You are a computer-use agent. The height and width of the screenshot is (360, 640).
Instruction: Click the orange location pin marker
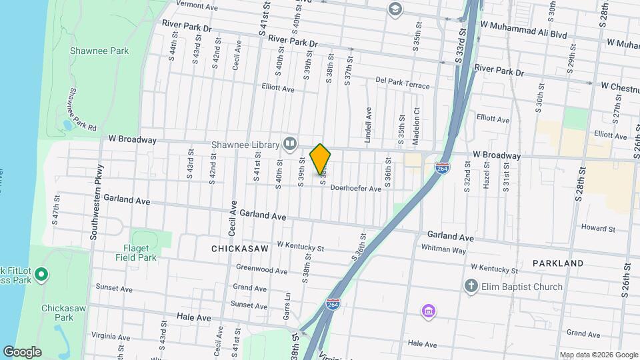321,159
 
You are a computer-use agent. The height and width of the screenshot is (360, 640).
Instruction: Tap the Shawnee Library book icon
290,143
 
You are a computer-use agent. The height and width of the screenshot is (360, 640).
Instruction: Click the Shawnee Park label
99,51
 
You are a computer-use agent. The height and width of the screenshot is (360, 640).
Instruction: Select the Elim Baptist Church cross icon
471,287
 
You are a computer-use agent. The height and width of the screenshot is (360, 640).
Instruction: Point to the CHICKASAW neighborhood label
239,249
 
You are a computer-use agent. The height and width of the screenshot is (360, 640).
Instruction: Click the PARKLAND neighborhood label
559,263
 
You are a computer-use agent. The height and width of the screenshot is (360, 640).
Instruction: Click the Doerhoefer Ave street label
355,189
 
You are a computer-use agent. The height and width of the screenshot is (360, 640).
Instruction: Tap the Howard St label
597,228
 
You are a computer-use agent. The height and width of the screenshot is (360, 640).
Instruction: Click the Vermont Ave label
197,7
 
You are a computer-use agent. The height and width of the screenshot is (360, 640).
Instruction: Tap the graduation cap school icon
395,9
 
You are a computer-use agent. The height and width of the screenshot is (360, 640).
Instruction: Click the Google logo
22,351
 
